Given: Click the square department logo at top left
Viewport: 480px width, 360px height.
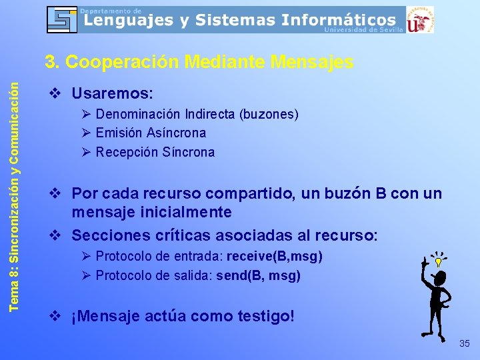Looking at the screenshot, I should pyautogui.click(x=62, y=19).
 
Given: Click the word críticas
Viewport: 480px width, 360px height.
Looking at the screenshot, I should pyautogui.click(x=175, y=235).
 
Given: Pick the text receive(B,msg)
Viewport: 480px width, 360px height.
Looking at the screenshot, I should pyautogui.click(x=275, y=257).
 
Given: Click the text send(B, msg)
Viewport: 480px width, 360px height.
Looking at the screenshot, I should pyautogui.click(x=259, y=275).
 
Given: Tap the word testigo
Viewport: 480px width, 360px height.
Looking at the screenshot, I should pyautogui.click(x=262, y=316).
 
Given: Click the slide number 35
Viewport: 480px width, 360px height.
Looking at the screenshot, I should pyautogui.click(x=465, y=343).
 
